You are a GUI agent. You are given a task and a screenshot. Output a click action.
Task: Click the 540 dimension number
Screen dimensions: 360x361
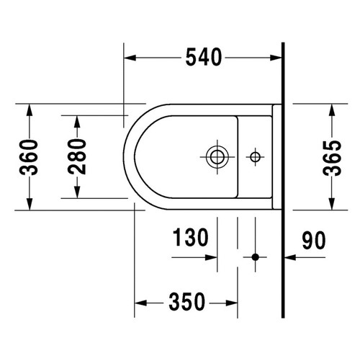click(x=204, y=57)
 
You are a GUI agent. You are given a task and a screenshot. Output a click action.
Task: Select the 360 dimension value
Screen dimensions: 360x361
click(x=29, y=157)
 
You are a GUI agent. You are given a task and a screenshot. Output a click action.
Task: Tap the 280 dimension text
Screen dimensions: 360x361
click(x=77, y=156)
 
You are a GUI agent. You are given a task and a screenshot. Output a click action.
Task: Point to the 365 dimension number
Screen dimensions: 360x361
click(x=332, y=158)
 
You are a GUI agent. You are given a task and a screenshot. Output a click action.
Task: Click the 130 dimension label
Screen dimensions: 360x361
click(x=191, y=237)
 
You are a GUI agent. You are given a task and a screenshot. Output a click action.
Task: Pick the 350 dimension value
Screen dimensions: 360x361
click(x=187, y=302)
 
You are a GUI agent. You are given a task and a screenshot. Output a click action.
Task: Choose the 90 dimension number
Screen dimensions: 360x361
click(x=314, y=240)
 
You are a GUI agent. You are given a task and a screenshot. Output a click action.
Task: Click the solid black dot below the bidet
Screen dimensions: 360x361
click(x=256, y=257)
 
